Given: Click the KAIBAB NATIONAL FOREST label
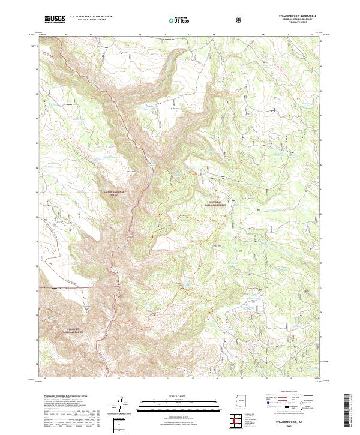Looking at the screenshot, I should pos(112,193).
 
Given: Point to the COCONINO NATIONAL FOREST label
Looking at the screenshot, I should pos(214,203).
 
